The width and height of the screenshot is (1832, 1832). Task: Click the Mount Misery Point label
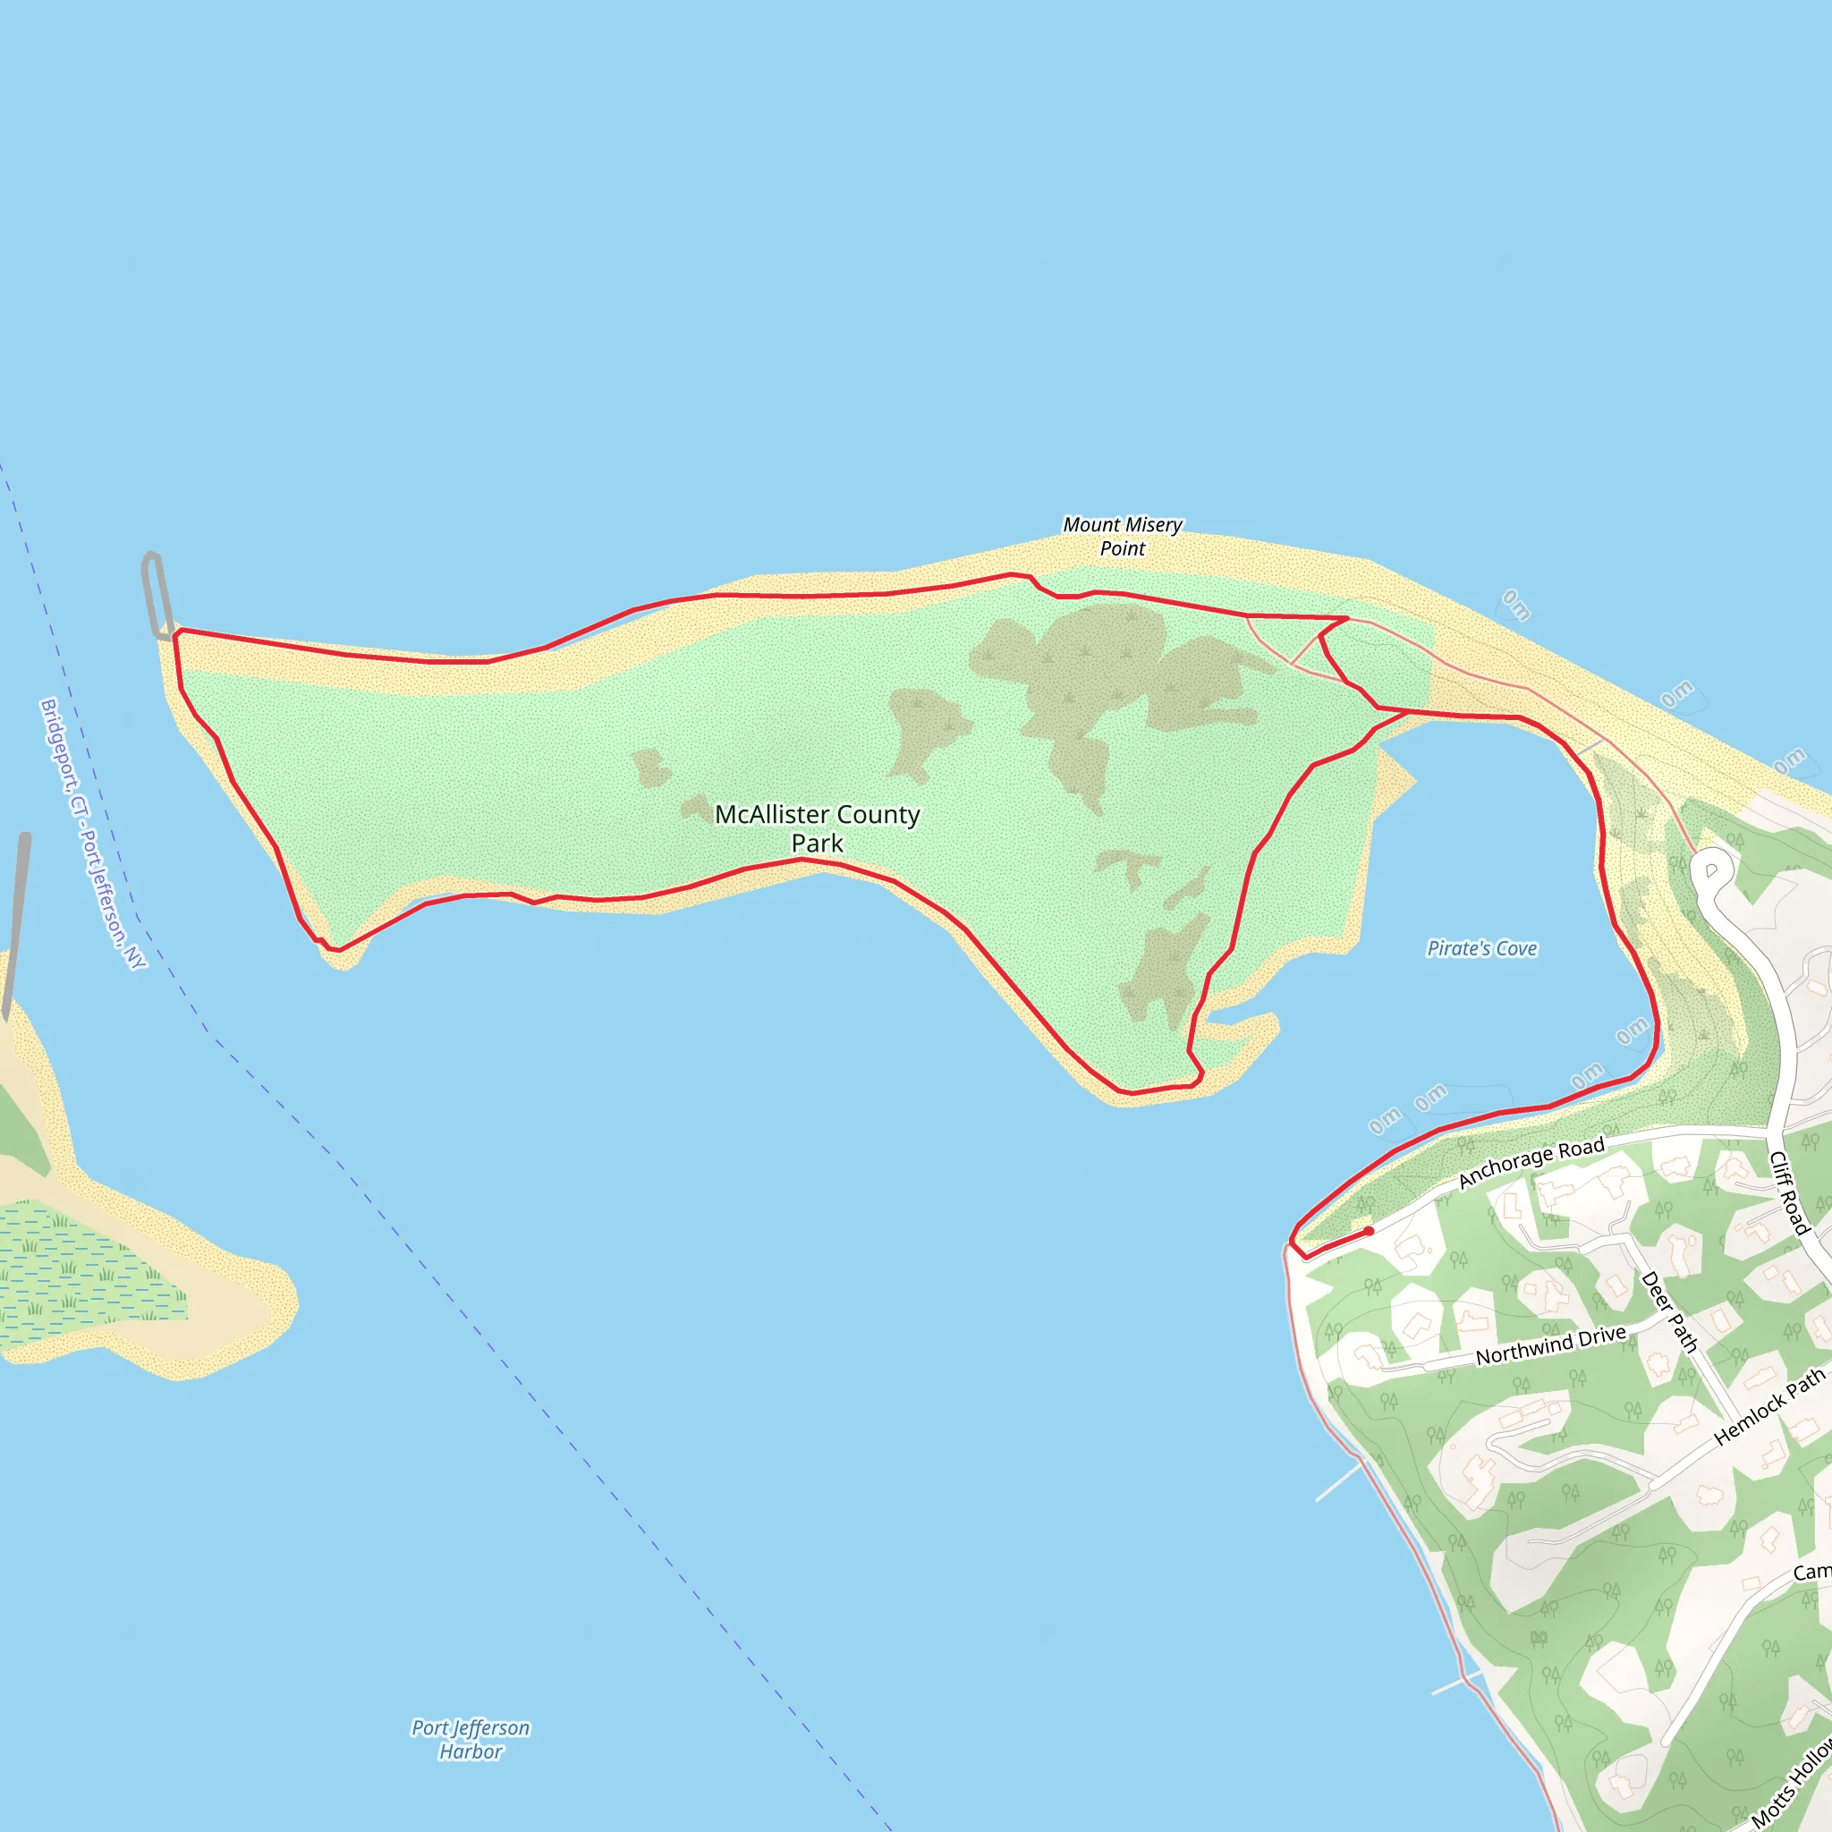[1122, 536]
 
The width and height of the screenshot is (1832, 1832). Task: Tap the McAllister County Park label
[817, 827]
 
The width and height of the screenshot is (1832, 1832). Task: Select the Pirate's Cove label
[1481, 948]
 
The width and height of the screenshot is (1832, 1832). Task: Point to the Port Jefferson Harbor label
[471, 1739]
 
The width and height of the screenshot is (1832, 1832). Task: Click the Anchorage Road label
[1531, 1162]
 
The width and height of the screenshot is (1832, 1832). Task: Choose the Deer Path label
[1669, 1311]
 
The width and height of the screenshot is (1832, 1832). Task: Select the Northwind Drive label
[1550, 1345]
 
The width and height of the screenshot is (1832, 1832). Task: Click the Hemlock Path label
[1768, 1406]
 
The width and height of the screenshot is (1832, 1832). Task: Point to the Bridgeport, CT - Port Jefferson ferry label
[93, 834]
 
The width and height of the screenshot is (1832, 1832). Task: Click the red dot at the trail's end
[1369, 1232]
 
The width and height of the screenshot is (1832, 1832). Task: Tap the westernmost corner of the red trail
[176, 632]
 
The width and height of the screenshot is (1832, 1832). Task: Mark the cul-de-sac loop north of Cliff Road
[1712, 868]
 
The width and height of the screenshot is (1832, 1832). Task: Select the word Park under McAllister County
[817, 843]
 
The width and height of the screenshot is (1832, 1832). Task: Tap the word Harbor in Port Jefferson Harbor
[471, 1751]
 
